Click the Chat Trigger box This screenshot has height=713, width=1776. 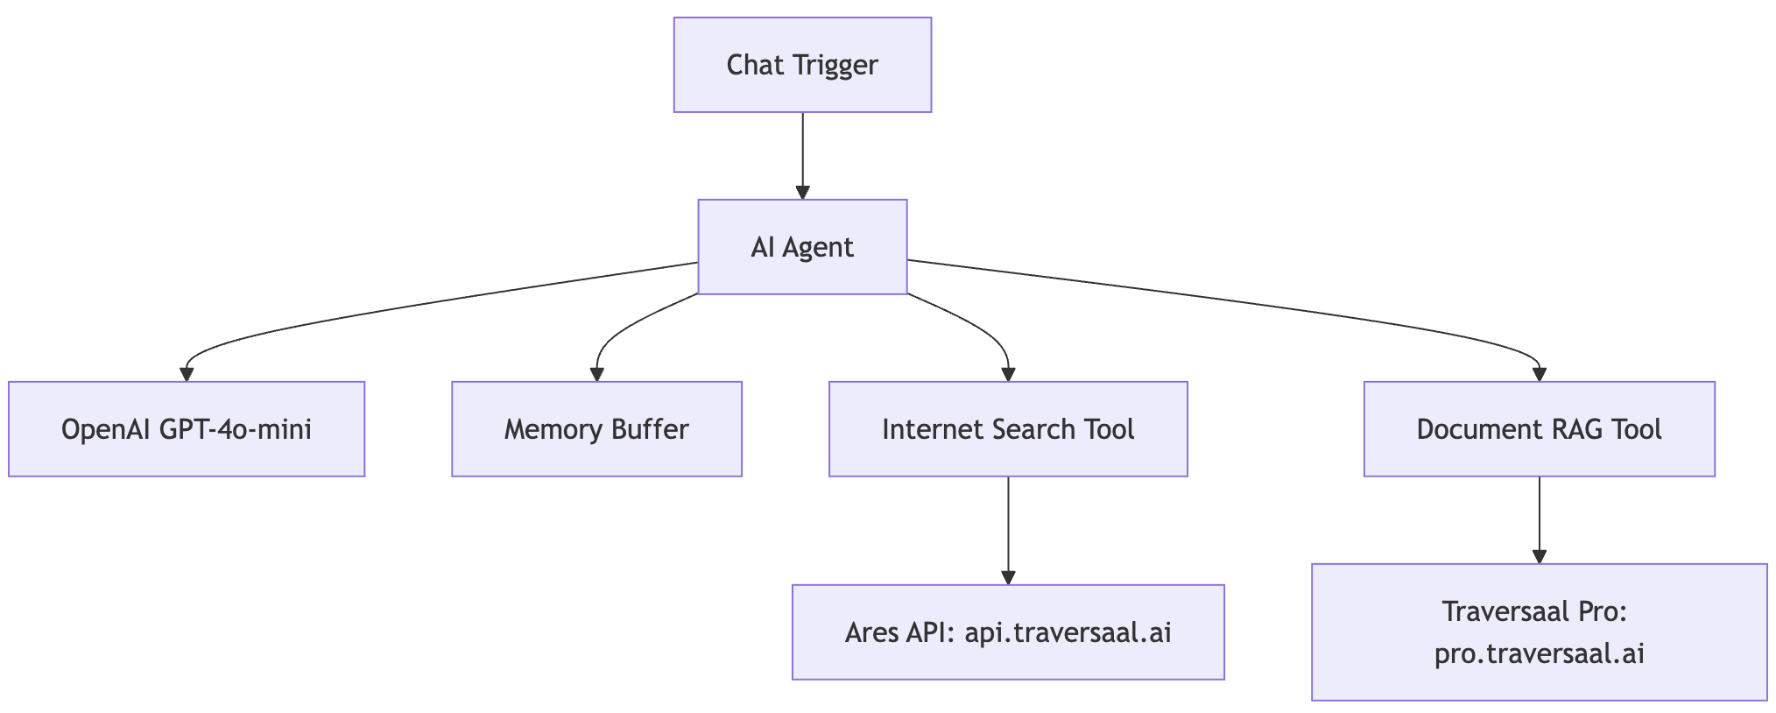[802, 65]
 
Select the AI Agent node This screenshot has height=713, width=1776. [802, 247]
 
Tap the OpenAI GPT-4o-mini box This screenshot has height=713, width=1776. [187, 429]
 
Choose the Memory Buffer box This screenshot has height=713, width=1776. [596, 429]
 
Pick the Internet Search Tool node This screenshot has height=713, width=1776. [1008, 429]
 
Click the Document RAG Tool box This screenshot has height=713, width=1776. [1539, 429]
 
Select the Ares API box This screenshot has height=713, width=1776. [1008, 632]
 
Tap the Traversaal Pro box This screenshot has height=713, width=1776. [1539, 632]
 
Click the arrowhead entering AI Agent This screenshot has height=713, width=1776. [802, 193]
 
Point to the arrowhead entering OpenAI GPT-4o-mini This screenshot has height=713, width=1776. [187, 375]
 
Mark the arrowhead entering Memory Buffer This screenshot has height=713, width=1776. [596, 375]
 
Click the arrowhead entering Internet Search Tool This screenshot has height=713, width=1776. [1008, 375]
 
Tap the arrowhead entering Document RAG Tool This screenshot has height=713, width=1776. [1539, 375]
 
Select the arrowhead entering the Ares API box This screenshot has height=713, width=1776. [1008, 578]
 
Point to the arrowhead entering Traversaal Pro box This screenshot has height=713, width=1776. [1539, 557]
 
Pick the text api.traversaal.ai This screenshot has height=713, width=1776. [1068, 632]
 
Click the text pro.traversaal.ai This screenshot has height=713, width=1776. [1539, 654]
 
